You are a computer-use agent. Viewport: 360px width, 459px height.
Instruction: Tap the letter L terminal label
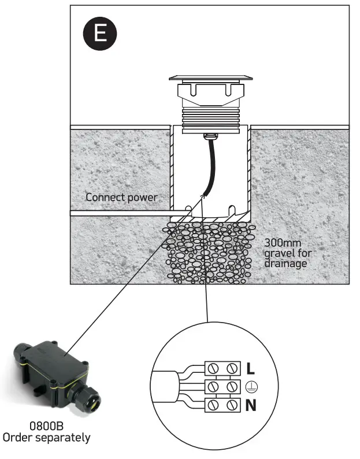coord(251,368)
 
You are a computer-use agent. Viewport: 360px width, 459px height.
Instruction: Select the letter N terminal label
coord(251,405)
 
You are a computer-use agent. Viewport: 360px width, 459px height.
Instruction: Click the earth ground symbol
coord(251,387)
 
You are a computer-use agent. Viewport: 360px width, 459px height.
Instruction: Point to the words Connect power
coord(121,197)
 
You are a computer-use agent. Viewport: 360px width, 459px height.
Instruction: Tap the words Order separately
coord(46,438)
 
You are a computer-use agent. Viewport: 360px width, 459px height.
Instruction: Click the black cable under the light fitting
coord(210,168)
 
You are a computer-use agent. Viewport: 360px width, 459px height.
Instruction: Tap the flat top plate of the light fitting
coord(210,77)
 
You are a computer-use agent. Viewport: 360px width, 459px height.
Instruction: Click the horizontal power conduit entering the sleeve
coord(121,213)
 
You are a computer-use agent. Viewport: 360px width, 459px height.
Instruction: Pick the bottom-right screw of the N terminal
coord(233,405)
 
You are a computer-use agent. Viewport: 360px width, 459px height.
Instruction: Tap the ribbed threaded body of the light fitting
coord(210,116)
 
